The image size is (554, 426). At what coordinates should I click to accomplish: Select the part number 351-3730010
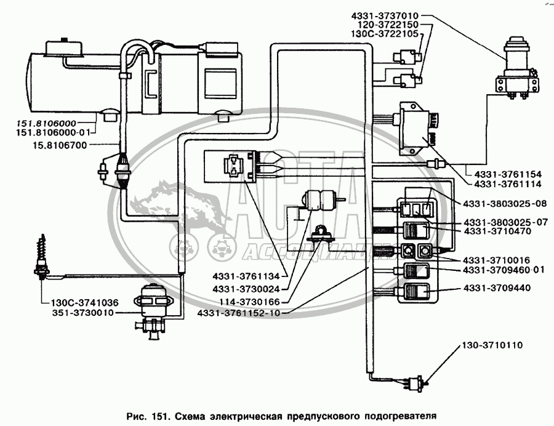[x=83, y=313]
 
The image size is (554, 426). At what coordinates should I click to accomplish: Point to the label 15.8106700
[x=60, y=145]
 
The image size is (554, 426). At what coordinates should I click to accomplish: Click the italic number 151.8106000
[x=46, y=123]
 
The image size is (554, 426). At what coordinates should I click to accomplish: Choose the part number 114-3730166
[x=249, y=302]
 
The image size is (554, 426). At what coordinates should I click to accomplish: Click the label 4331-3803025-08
[x=505, y=204]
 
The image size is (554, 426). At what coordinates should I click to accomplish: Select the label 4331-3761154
[x=508, y=174]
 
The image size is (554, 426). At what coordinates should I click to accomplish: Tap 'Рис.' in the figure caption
[x=136, y=416]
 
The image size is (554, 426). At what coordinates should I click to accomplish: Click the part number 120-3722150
[x=388, y=25]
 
